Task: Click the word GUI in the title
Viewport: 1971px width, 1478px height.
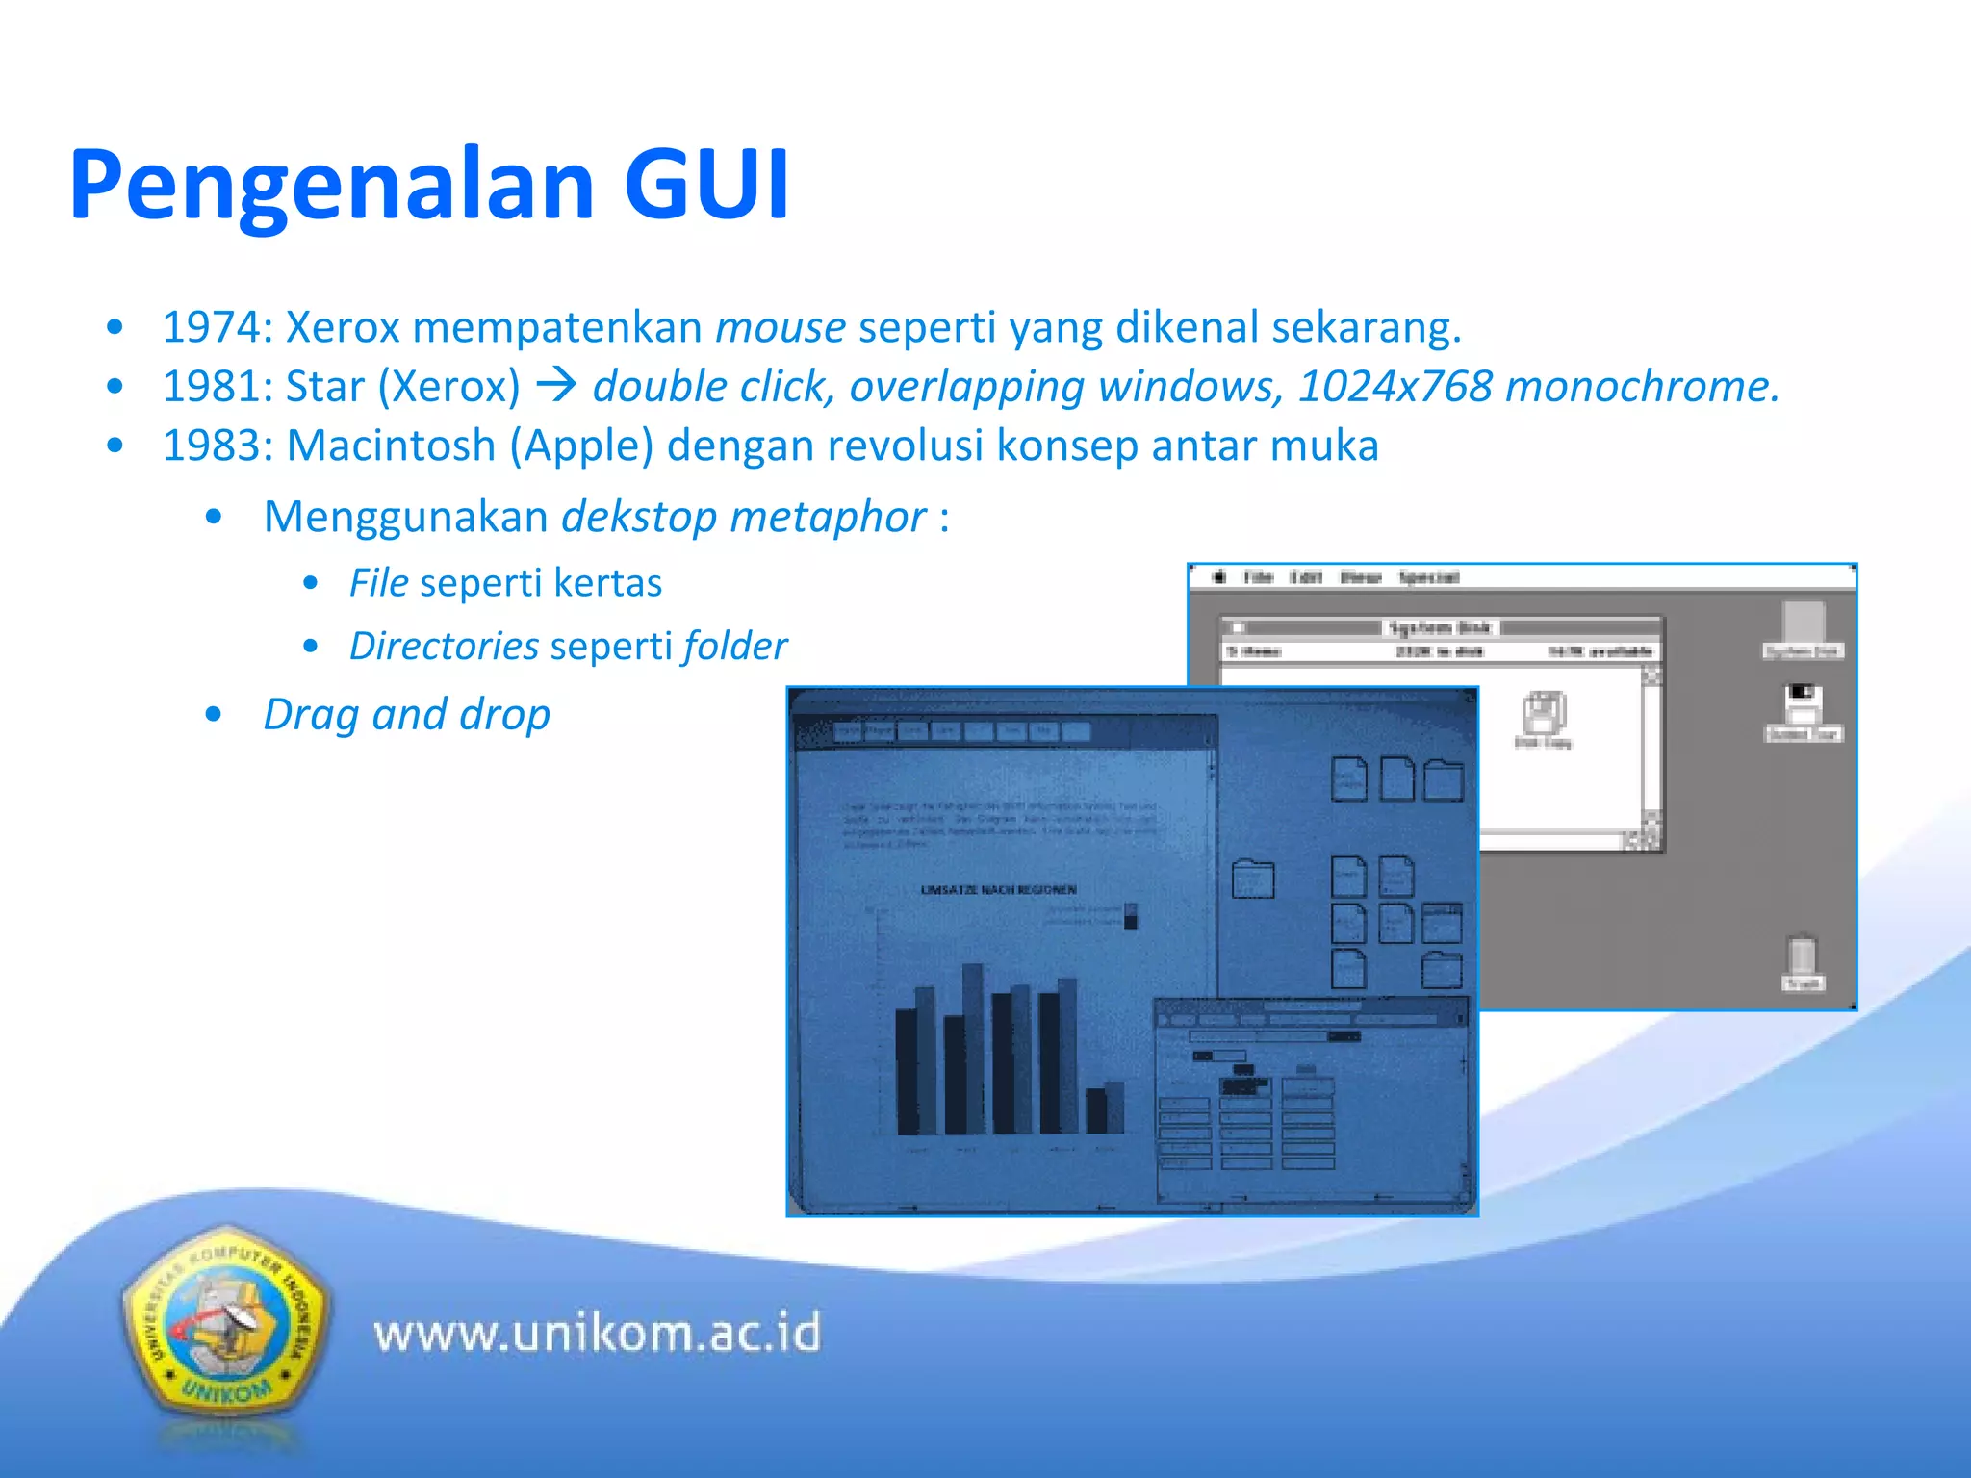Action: pyautogui.click(x=706, y=185)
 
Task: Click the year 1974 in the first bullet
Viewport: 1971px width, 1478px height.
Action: pyautogui.click(x=211, y=328)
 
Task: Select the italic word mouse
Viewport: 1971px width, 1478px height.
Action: pyautogui.click(x=781, y=328)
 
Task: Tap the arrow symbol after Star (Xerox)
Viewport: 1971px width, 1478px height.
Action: pyautogui.click(x=556, y=387)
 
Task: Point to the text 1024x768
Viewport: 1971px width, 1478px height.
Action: pyautogui.click(x=1395, y=387)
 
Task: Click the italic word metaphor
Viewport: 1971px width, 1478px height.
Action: pyautogui.click(x=828, y=518)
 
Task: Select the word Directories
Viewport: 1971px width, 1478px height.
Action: pyautogui.click(x=444, y=647)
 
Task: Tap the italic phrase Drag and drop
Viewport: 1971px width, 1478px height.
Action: pyautogui.click(x=407, y=715)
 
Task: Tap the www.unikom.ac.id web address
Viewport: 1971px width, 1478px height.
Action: pyautogui.click(x=598, y=1334)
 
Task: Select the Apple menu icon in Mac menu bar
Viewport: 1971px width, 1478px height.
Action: pyautogui.click(x=1219, y=576)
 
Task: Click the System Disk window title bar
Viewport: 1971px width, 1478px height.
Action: pyautogui.click(x=1440, y=627)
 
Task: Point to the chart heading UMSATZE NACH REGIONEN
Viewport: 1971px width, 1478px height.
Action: pyautogui.click(x=998, y=890)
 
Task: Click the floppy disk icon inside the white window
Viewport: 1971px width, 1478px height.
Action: pyautogui.click(x=1544, y=713)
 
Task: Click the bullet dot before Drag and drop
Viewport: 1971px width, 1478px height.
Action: pyautogui.click(x=214, y=715)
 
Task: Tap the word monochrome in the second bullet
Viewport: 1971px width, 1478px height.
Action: pyautogui.click(x=1642, y=387)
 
